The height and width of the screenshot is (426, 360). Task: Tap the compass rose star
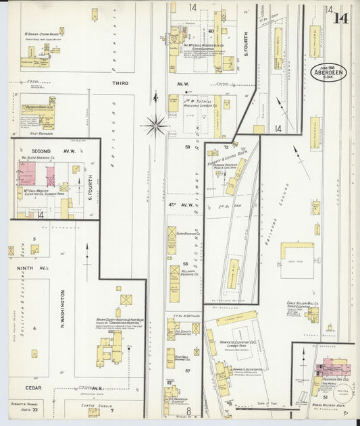[x=155, y=124]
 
